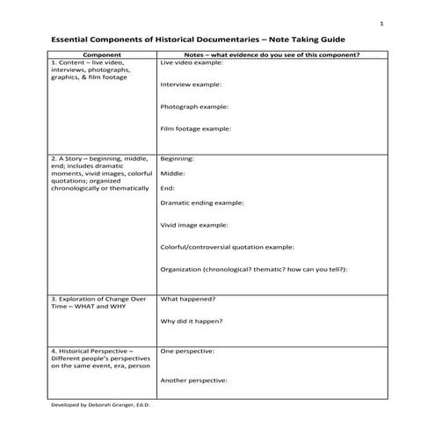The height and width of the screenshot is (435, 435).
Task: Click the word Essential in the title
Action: pos(73,40)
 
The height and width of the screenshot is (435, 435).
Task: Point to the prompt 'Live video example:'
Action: pos(190,63)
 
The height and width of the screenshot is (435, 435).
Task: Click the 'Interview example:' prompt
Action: pos(191,85)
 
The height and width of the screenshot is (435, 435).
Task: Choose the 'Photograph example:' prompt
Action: pos(194,107)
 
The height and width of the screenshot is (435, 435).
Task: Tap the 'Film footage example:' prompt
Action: pos(196,129)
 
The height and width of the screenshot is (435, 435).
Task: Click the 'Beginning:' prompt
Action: pos(178,159)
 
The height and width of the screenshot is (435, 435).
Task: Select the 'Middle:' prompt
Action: pos(173,174)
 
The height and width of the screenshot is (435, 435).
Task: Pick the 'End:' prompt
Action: pos(168,188)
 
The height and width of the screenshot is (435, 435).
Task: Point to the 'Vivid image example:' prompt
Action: pos(194,225)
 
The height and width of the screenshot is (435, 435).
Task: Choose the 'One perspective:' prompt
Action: pos(188,351)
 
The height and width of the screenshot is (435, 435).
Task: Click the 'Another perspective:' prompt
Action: pos(194,381)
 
